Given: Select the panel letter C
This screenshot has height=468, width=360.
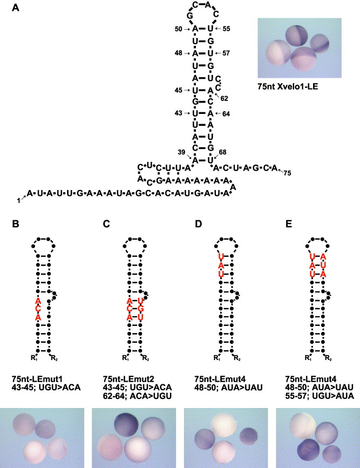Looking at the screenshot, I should click(106, 222).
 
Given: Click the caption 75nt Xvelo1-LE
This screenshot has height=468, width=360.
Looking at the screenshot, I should click(290, 85).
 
